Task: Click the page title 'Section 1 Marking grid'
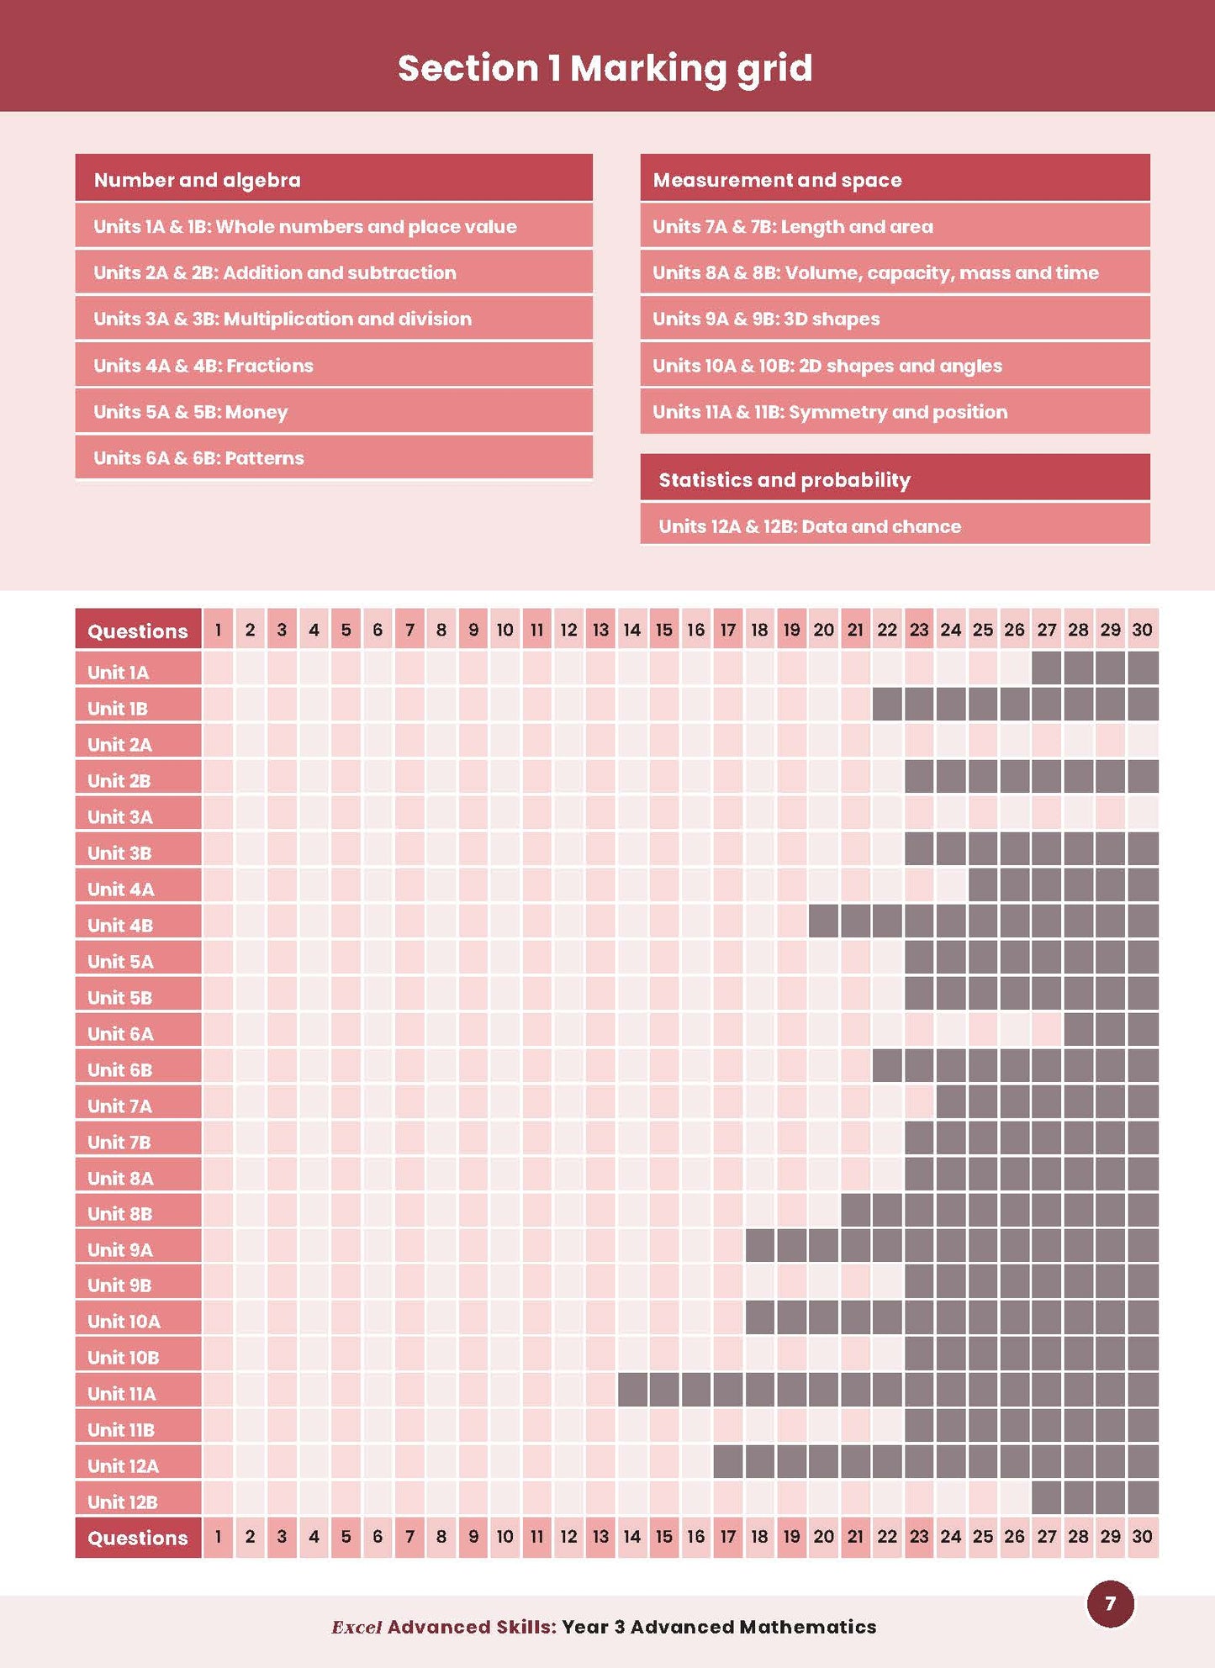(605, 69)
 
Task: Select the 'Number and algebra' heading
(198, 180)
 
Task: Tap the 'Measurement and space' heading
(777, 180)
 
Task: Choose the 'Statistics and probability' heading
(784, 480)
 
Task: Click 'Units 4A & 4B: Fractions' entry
(203, 366)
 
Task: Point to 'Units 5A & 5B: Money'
(191, 412)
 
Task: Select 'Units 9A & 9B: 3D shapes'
(766, 319)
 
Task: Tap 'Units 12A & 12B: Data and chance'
(809, 526)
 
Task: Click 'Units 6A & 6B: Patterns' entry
(198, 458)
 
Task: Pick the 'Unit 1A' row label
(119, 673)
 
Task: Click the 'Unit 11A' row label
(122, 1394)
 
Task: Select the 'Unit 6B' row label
(120, 1070)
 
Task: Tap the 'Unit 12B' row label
(123, 1502)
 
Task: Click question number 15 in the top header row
(664, 630)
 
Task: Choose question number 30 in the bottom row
(1142, 1537)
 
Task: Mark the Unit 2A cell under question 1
(218, 742)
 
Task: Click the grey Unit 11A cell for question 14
(632, 1391)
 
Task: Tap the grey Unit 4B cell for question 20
(823, 921)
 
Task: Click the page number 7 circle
(1110, 1603)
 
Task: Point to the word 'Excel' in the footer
(357, 1627)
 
